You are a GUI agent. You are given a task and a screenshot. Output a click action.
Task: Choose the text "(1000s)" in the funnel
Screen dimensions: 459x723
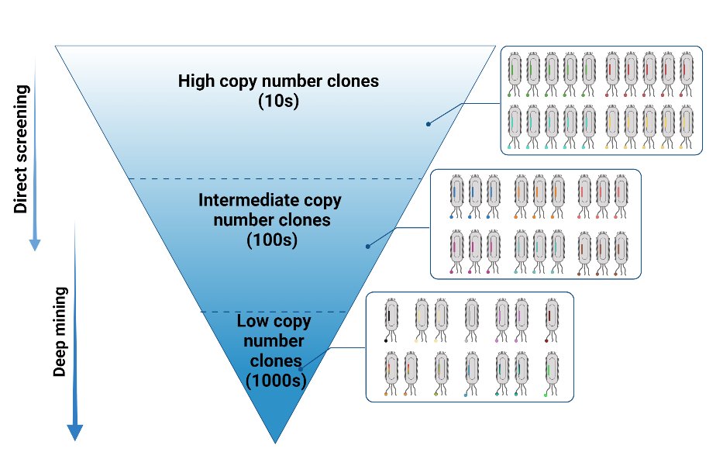click(x=276, y=380)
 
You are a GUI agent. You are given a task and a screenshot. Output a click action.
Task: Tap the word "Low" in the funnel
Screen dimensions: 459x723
click(x=253, y=321)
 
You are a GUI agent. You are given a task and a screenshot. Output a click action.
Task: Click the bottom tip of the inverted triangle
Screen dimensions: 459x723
click(x=275, y=442)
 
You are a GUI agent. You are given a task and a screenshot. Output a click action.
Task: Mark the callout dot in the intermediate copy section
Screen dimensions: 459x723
click(x=367, y=246)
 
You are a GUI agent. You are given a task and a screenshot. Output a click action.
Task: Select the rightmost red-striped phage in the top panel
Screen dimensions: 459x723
click(x=687, y=73)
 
